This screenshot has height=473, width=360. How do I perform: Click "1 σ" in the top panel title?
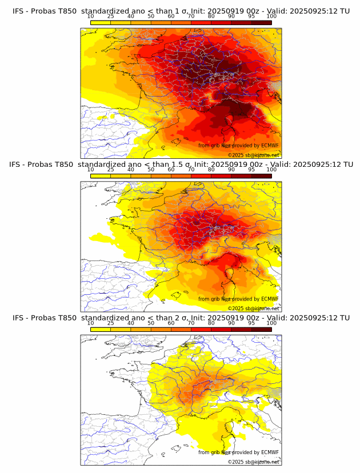click(x=187, y=11)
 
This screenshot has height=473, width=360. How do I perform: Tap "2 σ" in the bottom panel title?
click(x=187, y=318)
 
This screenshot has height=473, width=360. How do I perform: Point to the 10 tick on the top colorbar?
click(x=91, y=17)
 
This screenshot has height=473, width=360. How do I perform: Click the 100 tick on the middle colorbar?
click(x=271, y=170)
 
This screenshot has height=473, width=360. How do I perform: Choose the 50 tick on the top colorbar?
click(x=151, y=17)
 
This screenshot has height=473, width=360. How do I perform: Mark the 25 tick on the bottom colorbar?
click(x=111, y=323)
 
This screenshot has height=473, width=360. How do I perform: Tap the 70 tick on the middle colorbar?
click(x=191, y=170)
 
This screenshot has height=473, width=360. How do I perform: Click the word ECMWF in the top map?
click(x=270, y=146)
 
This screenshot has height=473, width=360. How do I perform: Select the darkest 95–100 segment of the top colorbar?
click(x=262, y=22)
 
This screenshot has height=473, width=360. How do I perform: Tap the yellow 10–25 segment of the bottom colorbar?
click(x=101, y=329)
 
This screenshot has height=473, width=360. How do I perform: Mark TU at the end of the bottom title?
click(x=345, y=318)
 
